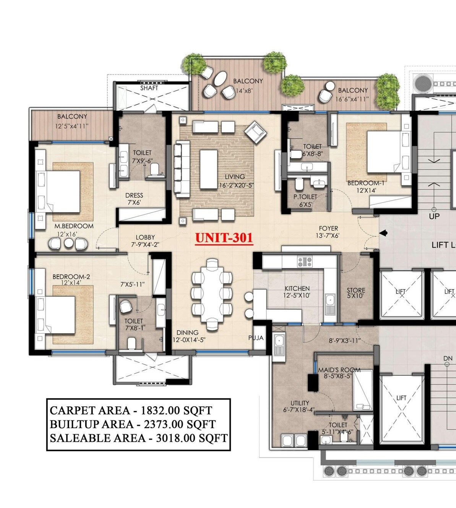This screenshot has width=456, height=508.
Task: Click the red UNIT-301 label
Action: click(x=224, y=238)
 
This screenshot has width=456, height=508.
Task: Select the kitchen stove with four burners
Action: click(x=305, y=262)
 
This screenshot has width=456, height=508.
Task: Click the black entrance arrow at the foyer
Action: click(x=383, y=233)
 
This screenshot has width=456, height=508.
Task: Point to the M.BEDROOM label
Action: click(x=74, y=226)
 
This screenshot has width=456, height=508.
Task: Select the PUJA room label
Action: click(x=256, y=338)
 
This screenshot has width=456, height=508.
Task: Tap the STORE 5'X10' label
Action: click(x=356, y=293)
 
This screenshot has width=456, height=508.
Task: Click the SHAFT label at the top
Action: click(x=149, y=88)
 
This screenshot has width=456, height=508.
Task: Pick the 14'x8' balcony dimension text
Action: click(x=244, y=91)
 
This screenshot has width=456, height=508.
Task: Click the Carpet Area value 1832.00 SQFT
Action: click(x=176, y=411)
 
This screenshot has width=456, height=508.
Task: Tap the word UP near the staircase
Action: click(x=434, y=216)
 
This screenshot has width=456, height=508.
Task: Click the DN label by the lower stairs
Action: click(x=448, y=359)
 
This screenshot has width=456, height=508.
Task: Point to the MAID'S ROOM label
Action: click(x=339, y=370)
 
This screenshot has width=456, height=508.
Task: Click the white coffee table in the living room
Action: click(x=208, y=169)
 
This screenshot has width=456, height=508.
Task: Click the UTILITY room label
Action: click(x=300, y=403)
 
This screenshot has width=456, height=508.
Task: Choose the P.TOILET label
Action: click(x=305, y=196)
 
